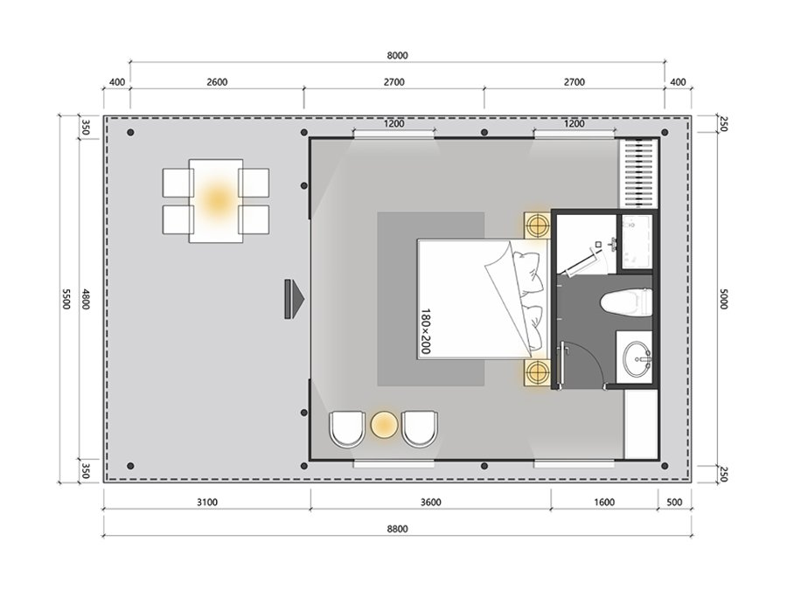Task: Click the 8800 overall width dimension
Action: [x=397, y=528]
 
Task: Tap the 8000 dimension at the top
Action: [x=397, y=55]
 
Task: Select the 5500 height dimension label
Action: [x=66, y=299]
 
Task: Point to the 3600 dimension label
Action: [x=430, y=503]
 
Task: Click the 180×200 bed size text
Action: [x=426, y=331]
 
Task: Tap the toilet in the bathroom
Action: [x=626, y=302]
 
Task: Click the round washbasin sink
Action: [x=637, y=358]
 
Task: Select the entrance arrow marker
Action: [x=294, y=299]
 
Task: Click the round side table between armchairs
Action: [x=385, y=426]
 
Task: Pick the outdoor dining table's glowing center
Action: [x=218, y=198]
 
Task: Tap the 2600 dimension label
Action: [x=217, y=82]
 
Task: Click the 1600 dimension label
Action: [x=603, y=503]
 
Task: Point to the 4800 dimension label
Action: [x=86, y=299]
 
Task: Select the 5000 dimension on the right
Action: [x=723, y=299]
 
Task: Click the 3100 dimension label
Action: [x=206, y=503]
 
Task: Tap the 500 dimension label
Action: [x=674, y=503]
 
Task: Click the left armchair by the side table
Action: [x=347, y=429]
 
